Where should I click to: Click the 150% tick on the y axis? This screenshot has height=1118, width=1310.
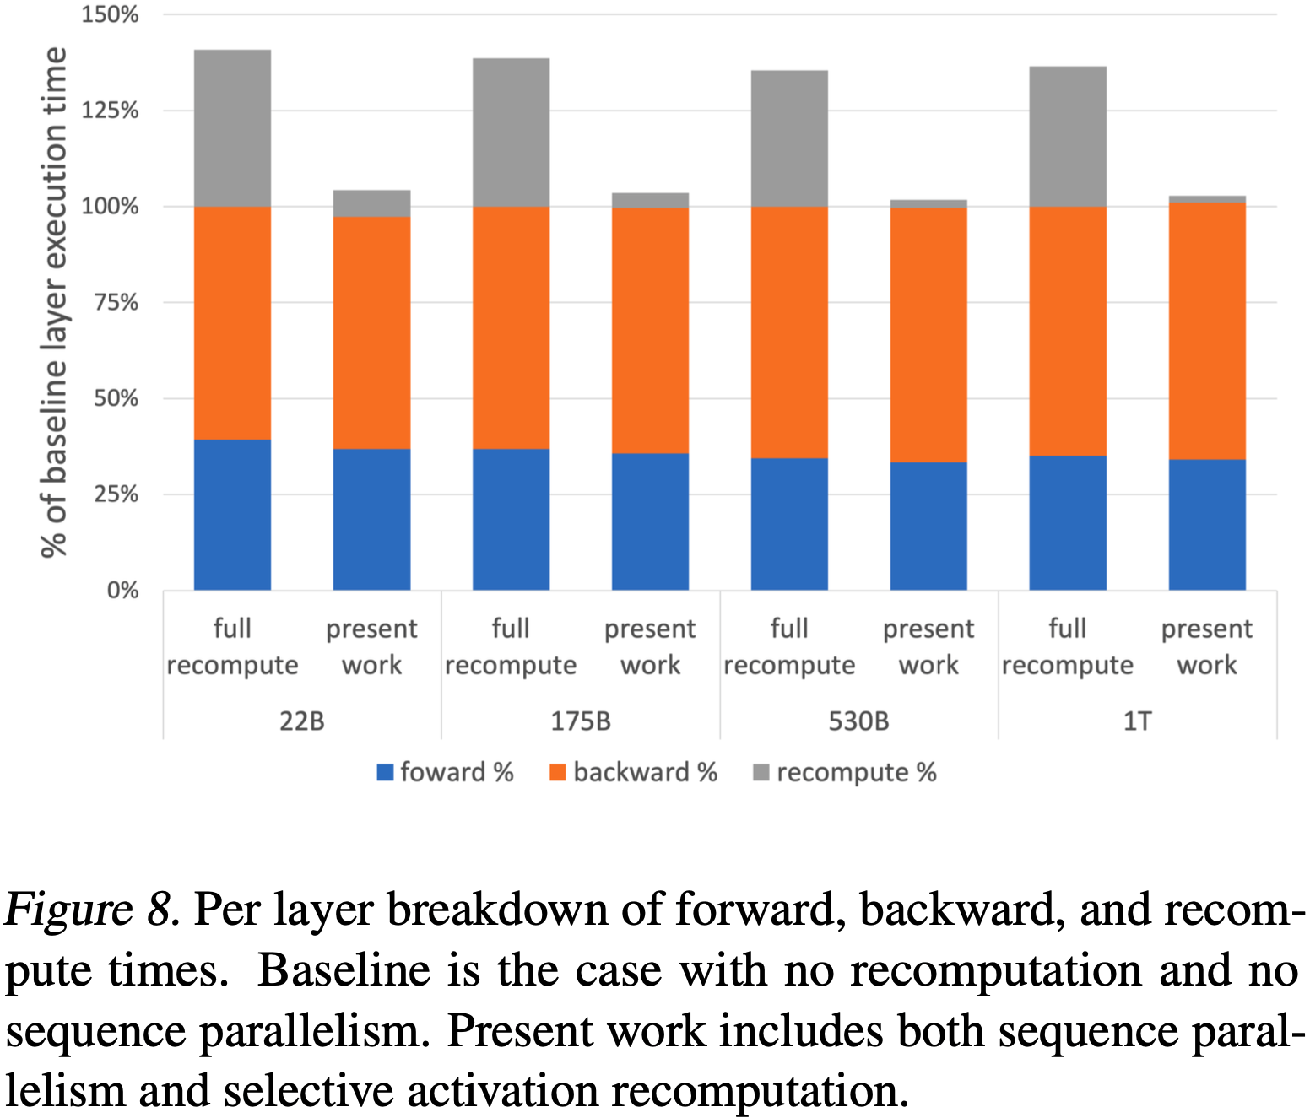pyautogui.click(x=110, y=15)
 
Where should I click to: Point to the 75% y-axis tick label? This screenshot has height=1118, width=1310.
pyautogui.click(x=115, y=302)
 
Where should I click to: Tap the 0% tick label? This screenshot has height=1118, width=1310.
pyautogui.click(x=122, y=591)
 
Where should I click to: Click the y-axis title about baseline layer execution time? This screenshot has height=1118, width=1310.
pyautogui.click(x=53, y=302)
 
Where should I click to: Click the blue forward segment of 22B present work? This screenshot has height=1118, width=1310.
pyautogui.click(x=371, y=519)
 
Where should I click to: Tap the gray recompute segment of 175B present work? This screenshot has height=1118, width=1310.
pyautogui.click(x=650, y=201)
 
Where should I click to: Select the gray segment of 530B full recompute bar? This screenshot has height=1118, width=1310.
pyautogui.click(x=789, y=138)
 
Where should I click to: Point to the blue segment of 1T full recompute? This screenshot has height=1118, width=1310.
pyautogui.click(x=1068, y=522)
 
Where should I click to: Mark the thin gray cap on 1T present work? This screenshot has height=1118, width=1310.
pyautogui.click(x=1207, y=199)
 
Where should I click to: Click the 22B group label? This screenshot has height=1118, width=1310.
pyautogui.click(x=301, y=721)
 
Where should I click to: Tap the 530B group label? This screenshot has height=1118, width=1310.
pyautogui.click(x=858, y=721)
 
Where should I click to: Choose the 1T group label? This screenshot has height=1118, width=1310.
pyautogui.click(x=1137, y=721)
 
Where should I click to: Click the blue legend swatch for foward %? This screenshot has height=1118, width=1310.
pyautogui.click(x=385, y=772)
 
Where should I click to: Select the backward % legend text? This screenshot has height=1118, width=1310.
pyautogui.click(x=645, y=772)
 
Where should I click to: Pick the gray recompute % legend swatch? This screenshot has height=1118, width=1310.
pyautogui.click(x=761, y=772)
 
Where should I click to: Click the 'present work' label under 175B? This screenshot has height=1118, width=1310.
pyautogui.click(x=650, y=646)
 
